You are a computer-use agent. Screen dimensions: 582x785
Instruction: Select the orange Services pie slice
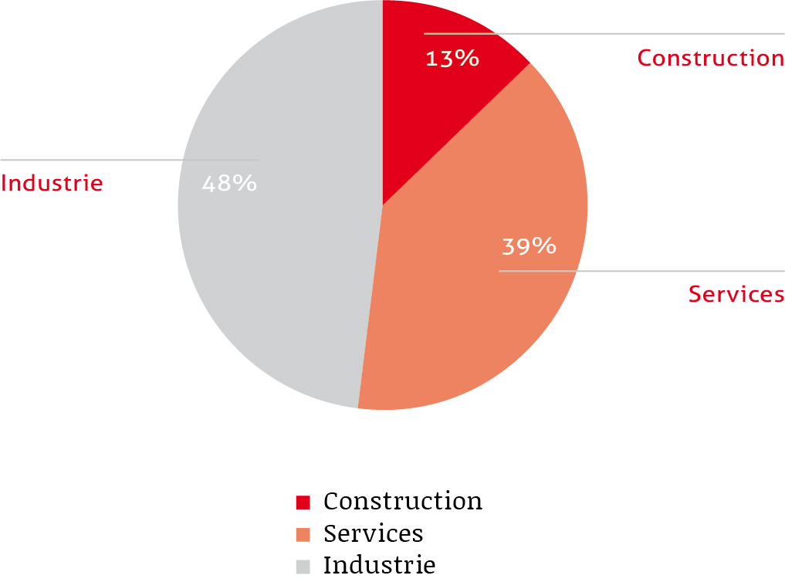click(479, 309)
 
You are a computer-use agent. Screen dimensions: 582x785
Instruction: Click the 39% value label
click(529, 246)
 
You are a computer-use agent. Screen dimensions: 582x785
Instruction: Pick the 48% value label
click(229, 184)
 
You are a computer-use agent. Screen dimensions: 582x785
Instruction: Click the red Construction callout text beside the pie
click(710, 58)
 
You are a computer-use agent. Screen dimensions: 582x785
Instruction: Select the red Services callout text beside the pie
click(736, 294)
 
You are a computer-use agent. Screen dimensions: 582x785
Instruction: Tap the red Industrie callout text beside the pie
click(52, 184)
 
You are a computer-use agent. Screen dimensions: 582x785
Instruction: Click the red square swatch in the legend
click(303, 502)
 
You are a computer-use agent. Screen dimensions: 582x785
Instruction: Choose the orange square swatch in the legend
click(303, 534)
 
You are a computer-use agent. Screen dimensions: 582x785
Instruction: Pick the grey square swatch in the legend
click(303, 566)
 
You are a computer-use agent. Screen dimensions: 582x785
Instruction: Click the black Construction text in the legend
click(403, 501)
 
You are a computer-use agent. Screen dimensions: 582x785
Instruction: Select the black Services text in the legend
click(374, 533)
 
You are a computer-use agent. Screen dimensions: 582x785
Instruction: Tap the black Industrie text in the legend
click(379, 565)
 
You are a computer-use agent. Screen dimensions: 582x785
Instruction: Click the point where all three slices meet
click(382, 205)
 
